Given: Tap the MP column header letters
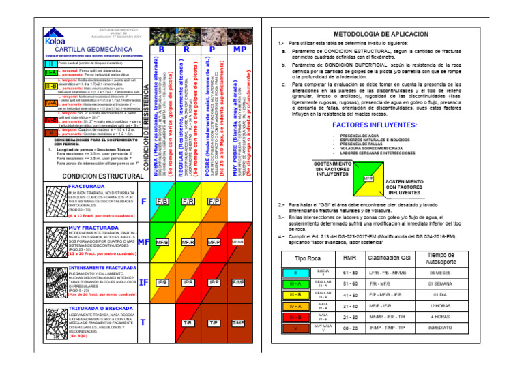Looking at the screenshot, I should pos(239,50).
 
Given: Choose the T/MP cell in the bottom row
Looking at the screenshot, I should pos(239,322).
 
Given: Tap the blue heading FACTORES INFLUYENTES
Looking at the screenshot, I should pos(375,125).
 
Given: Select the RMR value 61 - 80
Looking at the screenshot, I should pos(350,273).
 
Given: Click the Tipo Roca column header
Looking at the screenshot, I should pos(294,258).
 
